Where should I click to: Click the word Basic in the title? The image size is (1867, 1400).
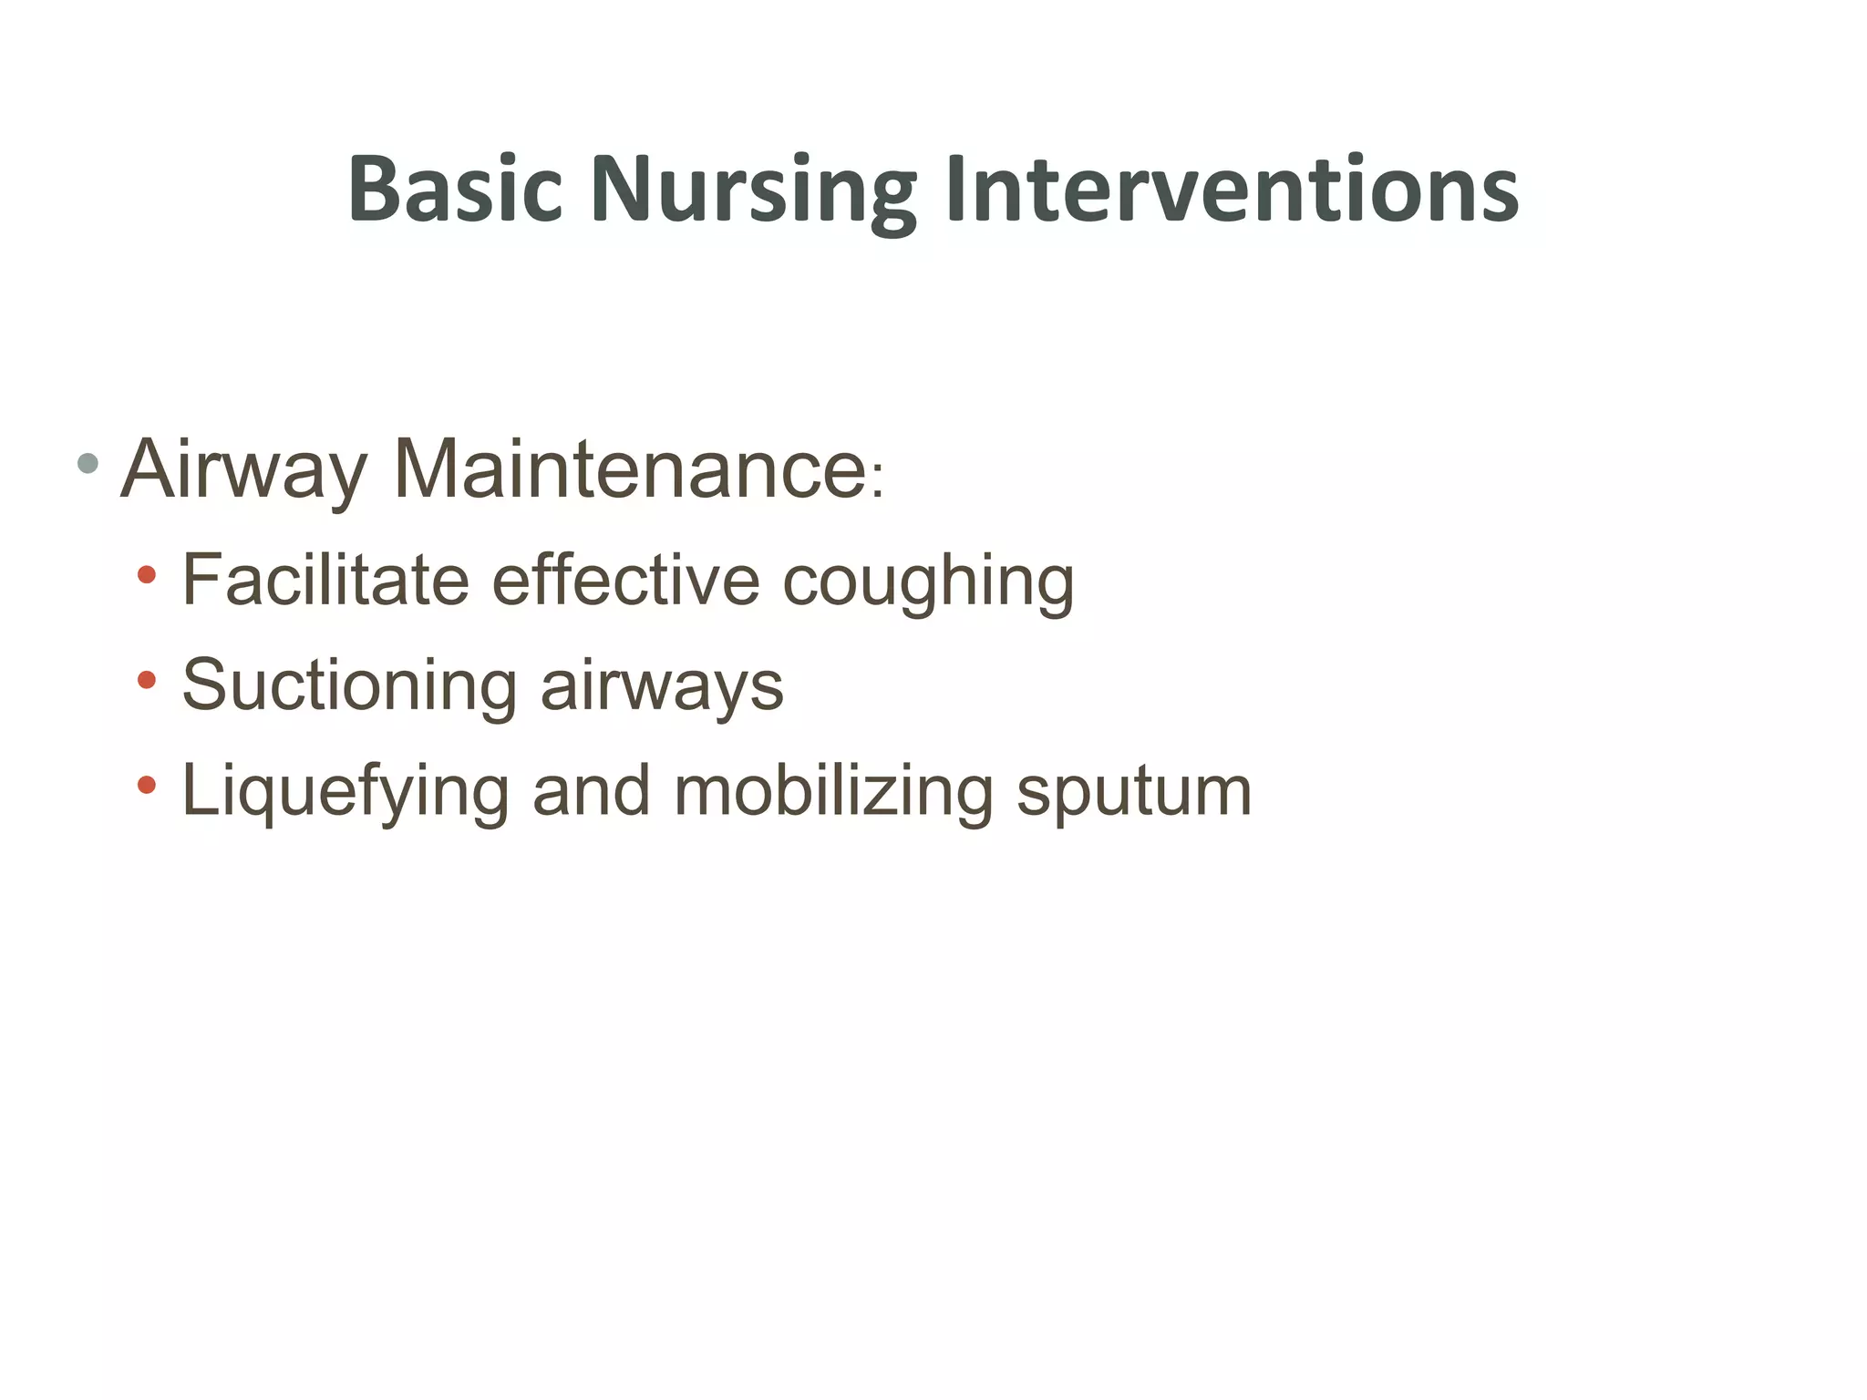point(455,189)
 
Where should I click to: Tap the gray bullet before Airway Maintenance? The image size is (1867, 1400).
point(88,463)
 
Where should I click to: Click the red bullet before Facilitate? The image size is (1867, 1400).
point(147,575)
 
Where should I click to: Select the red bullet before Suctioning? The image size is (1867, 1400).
point(147,680)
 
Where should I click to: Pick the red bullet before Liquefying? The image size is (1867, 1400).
point(147,785)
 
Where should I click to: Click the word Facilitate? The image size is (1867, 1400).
point(325,580)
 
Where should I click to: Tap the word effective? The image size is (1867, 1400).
point(625,580)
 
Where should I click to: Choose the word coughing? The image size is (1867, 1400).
point(928,583)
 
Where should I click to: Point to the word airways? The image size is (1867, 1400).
point(662,687)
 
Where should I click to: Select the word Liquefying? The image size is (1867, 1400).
point(345,791)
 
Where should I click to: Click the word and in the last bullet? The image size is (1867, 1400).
point(591,790)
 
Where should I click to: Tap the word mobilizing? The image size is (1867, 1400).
point(833,791)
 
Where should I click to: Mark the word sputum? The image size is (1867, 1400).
point(1134,793)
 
